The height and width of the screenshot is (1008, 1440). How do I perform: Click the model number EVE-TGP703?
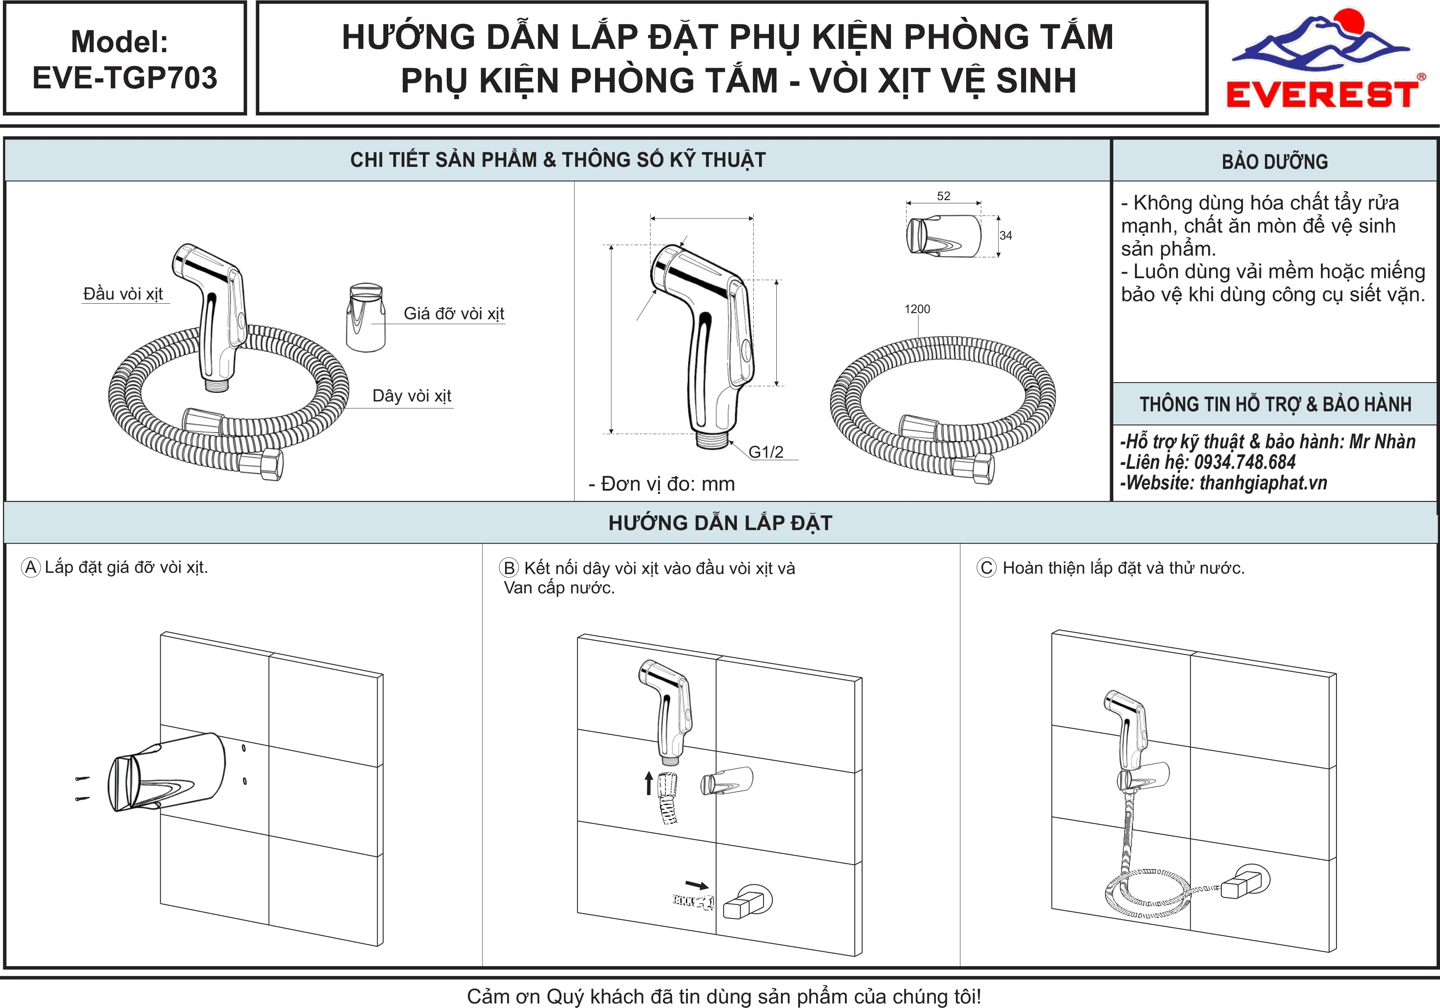coord(125,78)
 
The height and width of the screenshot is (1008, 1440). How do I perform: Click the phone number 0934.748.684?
coord(1244,462)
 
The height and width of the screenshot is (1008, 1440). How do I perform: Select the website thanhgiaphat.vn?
coord(1263,482)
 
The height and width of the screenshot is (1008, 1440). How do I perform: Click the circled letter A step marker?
coord(31,567)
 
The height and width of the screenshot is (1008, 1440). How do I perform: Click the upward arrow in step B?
coord(648,784)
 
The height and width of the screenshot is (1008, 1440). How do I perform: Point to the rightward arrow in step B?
coord(697,885)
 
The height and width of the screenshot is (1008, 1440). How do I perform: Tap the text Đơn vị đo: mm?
coord(662,484)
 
